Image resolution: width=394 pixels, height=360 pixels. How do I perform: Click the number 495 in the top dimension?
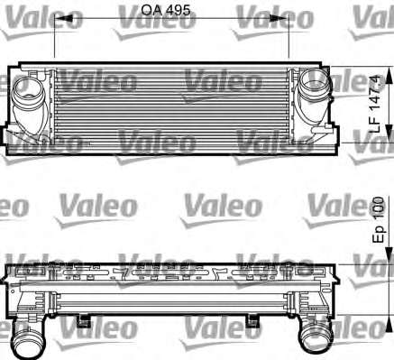(179, 10)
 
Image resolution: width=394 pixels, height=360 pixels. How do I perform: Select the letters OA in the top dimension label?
(152, 10)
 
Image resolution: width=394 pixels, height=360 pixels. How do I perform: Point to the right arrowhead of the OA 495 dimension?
(279, 18)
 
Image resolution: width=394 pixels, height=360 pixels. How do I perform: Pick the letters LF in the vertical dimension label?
(375, 125)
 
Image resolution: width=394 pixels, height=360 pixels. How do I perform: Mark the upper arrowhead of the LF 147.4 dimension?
(389, 76)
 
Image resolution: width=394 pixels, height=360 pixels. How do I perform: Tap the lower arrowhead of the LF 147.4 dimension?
(389, 134)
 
